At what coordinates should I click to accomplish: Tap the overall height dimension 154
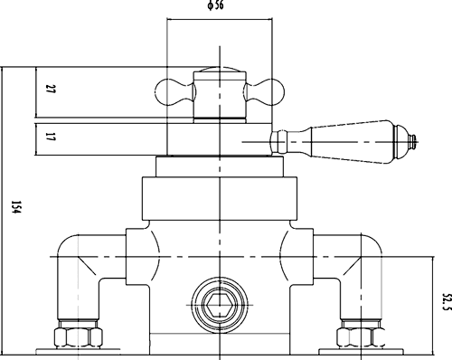(13, 208)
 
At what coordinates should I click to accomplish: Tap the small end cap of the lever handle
(413, 139)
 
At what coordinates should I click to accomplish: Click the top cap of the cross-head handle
(221, 71)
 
